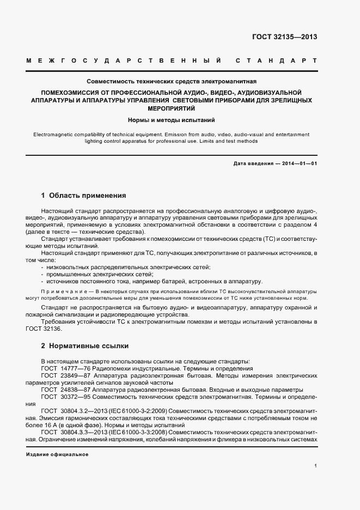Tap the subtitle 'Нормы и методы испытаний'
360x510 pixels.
pos(172,119)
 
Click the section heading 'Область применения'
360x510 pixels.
pos(88,195)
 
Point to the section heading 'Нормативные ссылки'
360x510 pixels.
pos(88,345)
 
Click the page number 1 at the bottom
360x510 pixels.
pos(316,466)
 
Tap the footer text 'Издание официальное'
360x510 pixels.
pos(57,454)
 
